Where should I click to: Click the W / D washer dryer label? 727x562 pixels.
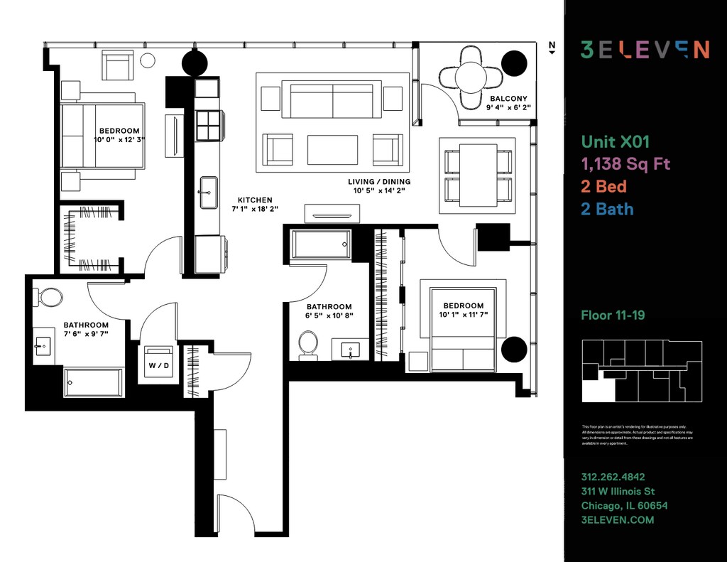point(159,366)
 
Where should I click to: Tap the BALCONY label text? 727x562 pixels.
point(508,99)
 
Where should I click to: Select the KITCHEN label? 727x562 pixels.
point(255,200)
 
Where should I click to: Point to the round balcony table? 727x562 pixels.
point(471,75)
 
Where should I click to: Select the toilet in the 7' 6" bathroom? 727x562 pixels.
point(49,297)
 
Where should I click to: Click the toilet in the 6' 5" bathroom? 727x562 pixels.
point(308,343)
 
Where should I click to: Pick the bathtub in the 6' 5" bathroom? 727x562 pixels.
point(321,244)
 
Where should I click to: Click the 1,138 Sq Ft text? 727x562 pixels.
point(625,164)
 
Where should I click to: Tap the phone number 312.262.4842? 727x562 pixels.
point(613,477)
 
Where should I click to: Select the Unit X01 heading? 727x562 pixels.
point(616,141)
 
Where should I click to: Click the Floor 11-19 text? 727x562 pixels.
point(613,315)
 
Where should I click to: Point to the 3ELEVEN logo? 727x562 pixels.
point(645,49)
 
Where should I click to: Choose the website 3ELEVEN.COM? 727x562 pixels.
point(617,519)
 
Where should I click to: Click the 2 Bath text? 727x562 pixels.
point(607,209)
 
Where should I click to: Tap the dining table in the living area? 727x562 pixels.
point(478,175)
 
